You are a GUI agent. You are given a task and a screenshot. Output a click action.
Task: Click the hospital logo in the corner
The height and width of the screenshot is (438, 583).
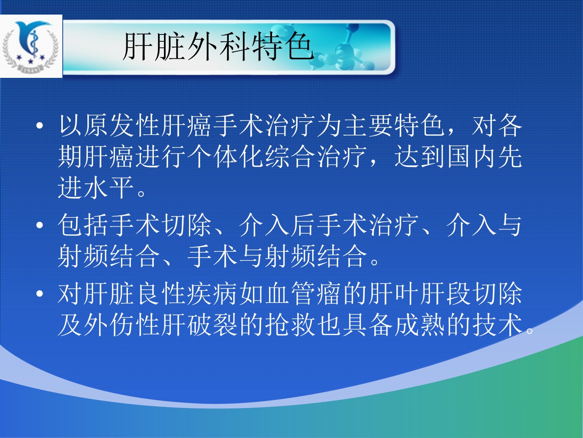31,46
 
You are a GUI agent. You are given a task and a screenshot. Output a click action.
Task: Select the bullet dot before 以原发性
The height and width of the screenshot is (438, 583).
40,126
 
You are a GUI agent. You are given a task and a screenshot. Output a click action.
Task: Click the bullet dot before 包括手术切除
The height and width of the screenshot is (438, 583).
40,225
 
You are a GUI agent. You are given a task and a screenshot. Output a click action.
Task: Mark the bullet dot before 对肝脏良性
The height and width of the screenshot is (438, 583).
40,294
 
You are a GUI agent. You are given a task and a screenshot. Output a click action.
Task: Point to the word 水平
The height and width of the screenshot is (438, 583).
109,188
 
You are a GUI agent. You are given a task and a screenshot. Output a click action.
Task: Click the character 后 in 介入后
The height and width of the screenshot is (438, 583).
304,225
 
